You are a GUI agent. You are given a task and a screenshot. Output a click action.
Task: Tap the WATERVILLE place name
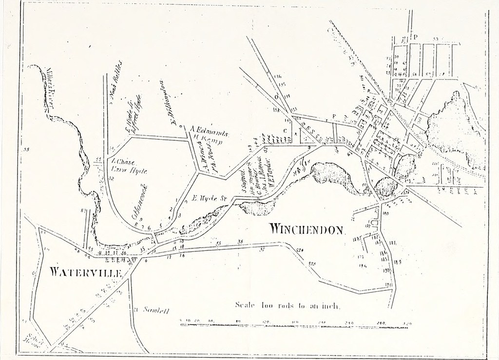[85, 272]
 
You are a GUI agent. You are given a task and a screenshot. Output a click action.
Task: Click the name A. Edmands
[206, 130]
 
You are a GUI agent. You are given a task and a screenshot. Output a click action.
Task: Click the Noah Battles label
[116, 81]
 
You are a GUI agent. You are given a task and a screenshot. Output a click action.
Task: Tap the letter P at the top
[416, 36]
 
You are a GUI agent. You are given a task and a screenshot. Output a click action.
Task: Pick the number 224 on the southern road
[299, 250]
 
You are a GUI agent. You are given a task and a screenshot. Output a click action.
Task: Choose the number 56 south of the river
[240, 242]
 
